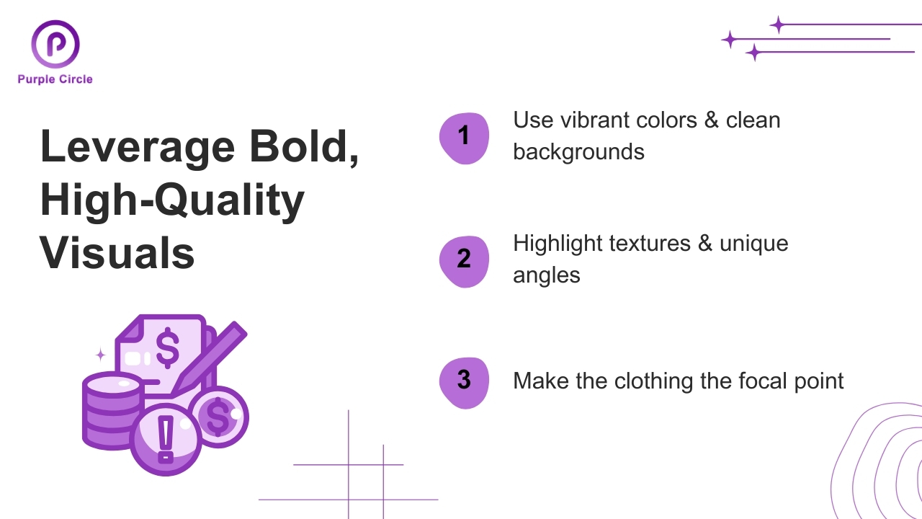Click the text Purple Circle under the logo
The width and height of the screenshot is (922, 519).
pyautogui.click(x=55, y=79)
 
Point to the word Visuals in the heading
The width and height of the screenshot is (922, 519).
pyautogui.click(x=117, y=253)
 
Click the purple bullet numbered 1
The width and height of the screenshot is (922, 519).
pyautogui.click(x=464, y=137)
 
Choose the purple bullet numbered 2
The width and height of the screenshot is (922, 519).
pyautogui.click(x=464, y=259)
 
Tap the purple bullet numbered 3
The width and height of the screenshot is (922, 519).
pyautogui.click(x=464, y=380)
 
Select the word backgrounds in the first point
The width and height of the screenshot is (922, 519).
pyautogui.click(x=578, y=151)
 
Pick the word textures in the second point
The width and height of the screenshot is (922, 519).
pyautogui.click(x=650, y=243)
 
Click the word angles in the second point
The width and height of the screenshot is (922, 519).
pyautogui.click(x=546, y=275)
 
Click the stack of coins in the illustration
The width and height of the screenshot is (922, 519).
pyautogui.click(x=110, y=411)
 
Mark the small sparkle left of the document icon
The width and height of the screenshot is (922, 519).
pyautogui.click(x=101, y=354)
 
